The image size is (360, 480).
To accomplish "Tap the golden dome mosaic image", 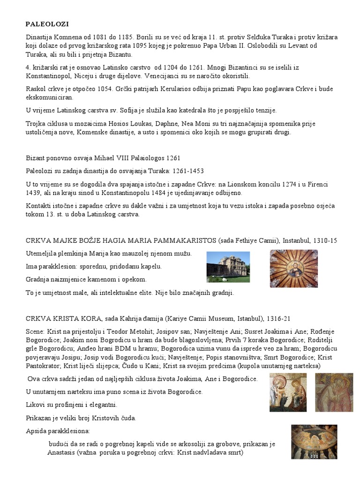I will point(293,268).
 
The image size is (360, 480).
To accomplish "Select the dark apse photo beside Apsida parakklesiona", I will point(314,442).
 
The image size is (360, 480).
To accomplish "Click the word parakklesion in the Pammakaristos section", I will point(60,267).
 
